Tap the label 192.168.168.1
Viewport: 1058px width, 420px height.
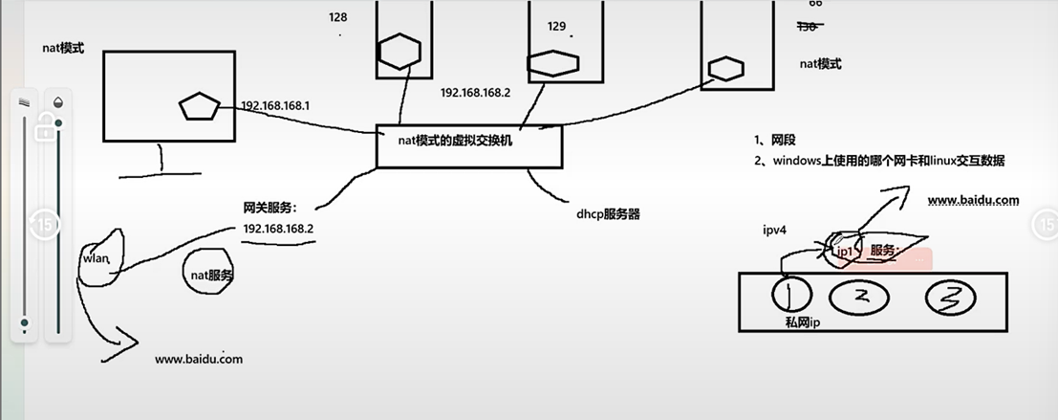pos(275,105)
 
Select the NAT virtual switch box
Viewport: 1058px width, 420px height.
pos(468,145)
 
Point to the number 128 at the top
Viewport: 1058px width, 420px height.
pos(338,17)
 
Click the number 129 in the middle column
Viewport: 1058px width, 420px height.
pos(557,26)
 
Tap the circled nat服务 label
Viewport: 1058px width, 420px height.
pos(213,275)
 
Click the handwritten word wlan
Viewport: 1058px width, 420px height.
pos(98,258)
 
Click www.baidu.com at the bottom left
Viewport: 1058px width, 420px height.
pos(199,359)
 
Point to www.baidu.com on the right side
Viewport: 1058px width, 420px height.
pos(973,201)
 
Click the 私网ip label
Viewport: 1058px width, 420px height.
pos(803,323)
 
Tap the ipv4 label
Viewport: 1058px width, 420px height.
pos(776,231)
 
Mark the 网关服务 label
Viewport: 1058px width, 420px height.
pos(271,207)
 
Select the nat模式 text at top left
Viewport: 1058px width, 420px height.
pos(63,47)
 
